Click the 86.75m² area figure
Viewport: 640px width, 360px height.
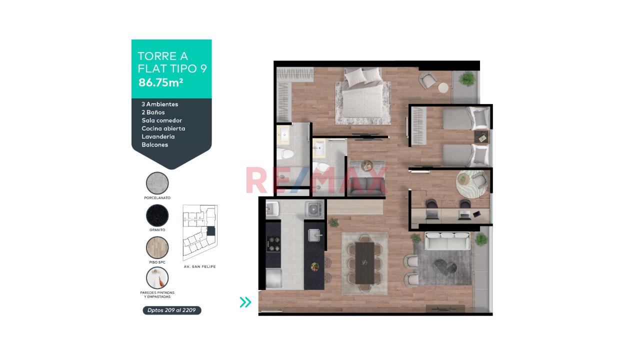click(x=160, y=82)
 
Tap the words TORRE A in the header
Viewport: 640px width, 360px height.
click(x=162, y=56)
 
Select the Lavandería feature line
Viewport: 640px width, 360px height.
click(x=158, y=136)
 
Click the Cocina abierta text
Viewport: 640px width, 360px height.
click(x=163, y=128)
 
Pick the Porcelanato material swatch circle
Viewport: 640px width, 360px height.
click(x=157, y=183)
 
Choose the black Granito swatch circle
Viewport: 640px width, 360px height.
click(x=157, y=215)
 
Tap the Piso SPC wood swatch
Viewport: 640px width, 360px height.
click(x=157, y=247)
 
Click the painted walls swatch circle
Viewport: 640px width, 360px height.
click(x=157, y=278)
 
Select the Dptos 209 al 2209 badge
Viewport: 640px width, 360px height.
click(x=171, y=310)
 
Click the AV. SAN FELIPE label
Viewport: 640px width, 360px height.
click(x=199, y=266)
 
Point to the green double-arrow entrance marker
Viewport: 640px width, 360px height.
click(x=245, y=302)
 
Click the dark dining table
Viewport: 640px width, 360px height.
click(x=365, y=263)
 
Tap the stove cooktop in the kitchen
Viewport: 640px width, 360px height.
click(x=273, y=244)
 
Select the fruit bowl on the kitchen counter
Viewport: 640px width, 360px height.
click(x=315, y=266)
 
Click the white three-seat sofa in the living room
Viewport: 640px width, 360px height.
click(x=447, y=241)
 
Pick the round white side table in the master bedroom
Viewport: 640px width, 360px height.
click(x=443, y=87)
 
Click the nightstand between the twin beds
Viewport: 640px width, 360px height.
click(x=481, y=137)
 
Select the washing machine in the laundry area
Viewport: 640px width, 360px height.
click(x=314, y=210)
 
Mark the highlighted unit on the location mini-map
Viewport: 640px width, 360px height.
click(x=210, y=231)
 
